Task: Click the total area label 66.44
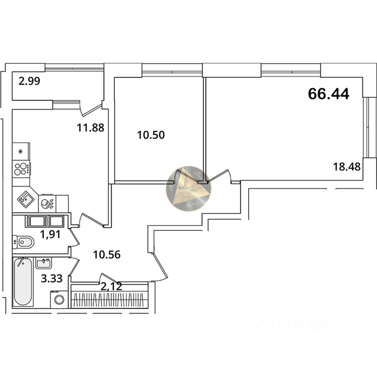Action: point(328,94)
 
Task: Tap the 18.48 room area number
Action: point(347,166)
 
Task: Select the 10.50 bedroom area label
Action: point(151,135)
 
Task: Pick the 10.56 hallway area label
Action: point(106,254)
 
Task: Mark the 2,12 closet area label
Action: point(111,286)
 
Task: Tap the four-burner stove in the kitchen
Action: point(21,169)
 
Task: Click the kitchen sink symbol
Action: point(25,199)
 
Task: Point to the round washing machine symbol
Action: point(59,300)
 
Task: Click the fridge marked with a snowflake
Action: point(21,151)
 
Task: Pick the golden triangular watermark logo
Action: point(188,188)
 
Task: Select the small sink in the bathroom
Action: point(43,262)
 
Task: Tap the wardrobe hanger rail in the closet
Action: point(110,300)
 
